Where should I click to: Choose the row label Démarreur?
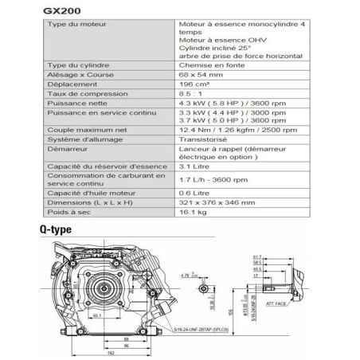click(x=68, y=148)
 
